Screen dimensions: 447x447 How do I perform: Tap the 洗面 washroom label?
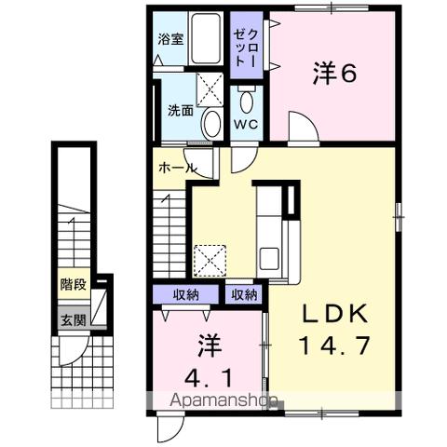(x=181, y=110)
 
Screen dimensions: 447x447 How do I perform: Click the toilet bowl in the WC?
(x=247, y=102)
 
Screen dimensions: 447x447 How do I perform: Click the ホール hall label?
(x=178, y=169)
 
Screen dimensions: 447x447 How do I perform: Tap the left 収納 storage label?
(x=186, y=295)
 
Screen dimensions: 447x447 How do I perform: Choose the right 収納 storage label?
(x=244, y=295)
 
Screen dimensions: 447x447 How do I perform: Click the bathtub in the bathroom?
(x=206, y=39)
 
